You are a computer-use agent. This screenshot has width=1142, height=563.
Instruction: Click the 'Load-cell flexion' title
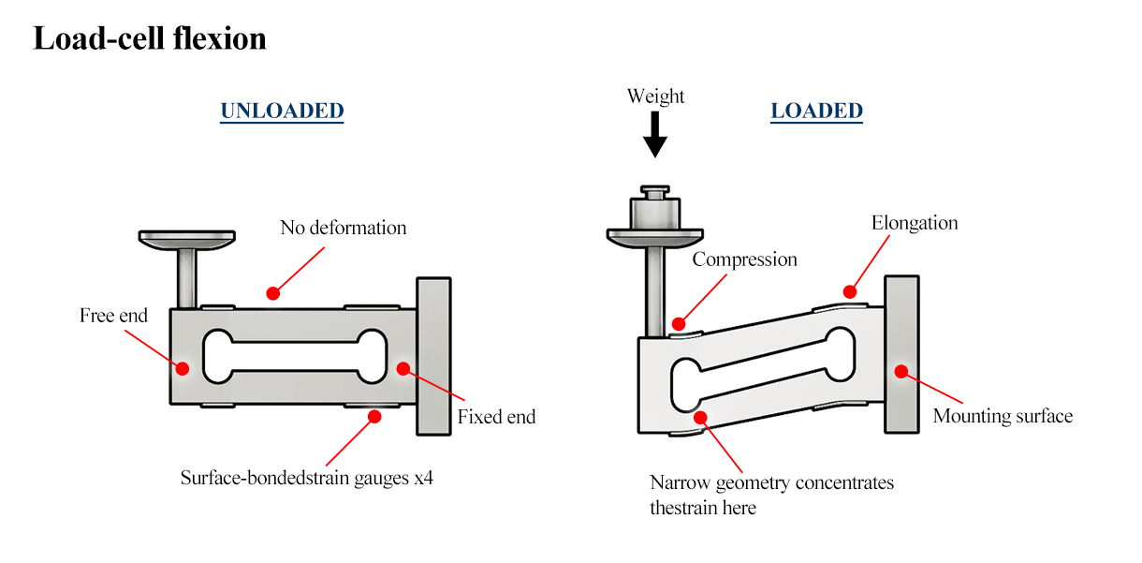(150, 39)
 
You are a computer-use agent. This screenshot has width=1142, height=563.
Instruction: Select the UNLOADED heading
(282, 111)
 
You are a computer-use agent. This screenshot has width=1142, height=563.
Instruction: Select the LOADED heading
(816, 111)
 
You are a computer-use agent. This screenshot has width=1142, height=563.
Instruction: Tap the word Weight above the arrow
(655, 96)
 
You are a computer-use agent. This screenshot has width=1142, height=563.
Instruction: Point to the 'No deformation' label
(344, 228)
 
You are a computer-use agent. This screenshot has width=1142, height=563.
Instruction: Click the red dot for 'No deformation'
(271, 293)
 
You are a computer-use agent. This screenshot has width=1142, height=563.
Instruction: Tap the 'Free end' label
(113, 316)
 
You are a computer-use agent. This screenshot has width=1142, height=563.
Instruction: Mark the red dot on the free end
(183, 367)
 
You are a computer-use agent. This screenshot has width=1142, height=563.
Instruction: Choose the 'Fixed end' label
(496, 417)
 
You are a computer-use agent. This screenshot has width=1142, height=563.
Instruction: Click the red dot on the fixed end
(403, 367)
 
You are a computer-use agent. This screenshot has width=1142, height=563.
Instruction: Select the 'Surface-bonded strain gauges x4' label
(307, 478)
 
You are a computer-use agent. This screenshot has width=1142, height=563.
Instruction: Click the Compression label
(744, 259)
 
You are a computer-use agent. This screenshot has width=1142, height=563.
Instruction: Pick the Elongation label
(915, 223)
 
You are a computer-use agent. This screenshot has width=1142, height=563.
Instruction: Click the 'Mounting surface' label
(1003, 416)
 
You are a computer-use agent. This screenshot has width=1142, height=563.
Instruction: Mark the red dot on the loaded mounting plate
(900, 371)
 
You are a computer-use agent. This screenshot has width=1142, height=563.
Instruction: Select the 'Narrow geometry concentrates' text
(771, 483)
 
